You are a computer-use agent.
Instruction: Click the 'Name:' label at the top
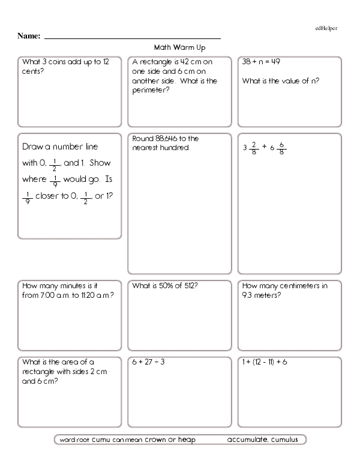coord(29,36)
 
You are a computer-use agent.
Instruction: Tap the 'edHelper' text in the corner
coord(326,28)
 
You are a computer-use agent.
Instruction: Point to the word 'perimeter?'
coord(151,91)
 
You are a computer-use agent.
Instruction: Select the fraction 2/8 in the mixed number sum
coord(255,147)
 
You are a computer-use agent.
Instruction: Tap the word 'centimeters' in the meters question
coord(297,286)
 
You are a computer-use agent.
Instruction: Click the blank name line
coord(133,37)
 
